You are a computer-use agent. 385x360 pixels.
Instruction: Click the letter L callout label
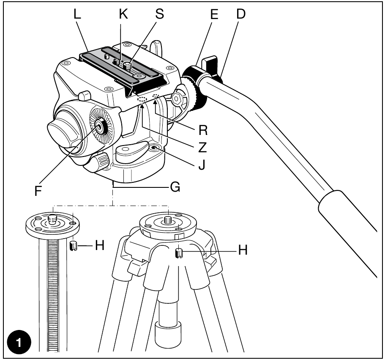click(x=77, y=14)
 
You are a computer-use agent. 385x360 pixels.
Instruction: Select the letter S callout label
click(x=160, y=14)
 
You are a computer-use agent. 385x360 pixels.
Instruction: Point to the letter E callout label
click(x=214, y=14)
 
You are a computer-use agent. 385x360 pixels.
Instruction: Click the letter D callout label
click(x=241, y=14)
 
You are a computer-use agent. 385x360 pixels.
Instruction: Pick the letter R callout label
click(x=203, y=130)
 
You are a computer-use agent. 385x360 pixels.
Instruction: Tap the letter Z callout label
click(x=202, y=148)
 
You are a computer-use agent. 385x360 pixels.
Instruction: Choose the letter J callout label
click(x=202, y=165)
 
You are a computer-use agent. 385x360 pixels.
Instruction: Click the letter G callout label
click(x=175, y=187)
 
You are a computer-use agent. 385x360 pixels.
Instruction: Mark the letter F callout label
click(x=38, y=191)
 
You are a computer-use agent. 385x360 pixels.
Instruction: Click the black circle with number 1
click(x=19, y=342)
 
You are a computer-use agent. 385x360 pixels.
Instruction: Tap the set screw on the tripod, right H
click(x=179, y=253)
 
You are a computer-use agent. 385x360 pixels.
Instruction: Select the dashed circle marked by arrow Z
click(x=142, y=99)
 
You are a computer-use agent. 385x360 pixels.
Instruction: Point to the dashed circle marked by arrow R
click(x=156, y=96)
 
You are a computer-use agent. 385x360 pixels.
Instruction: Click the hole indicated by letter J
click(x=155, y=148)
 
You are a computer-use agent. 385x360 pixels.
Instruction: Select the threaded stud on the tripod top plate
click(x=168, y=220)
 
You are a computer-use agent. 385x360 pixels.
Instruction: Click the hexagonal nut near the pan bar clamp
click(x=177, y=99)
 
